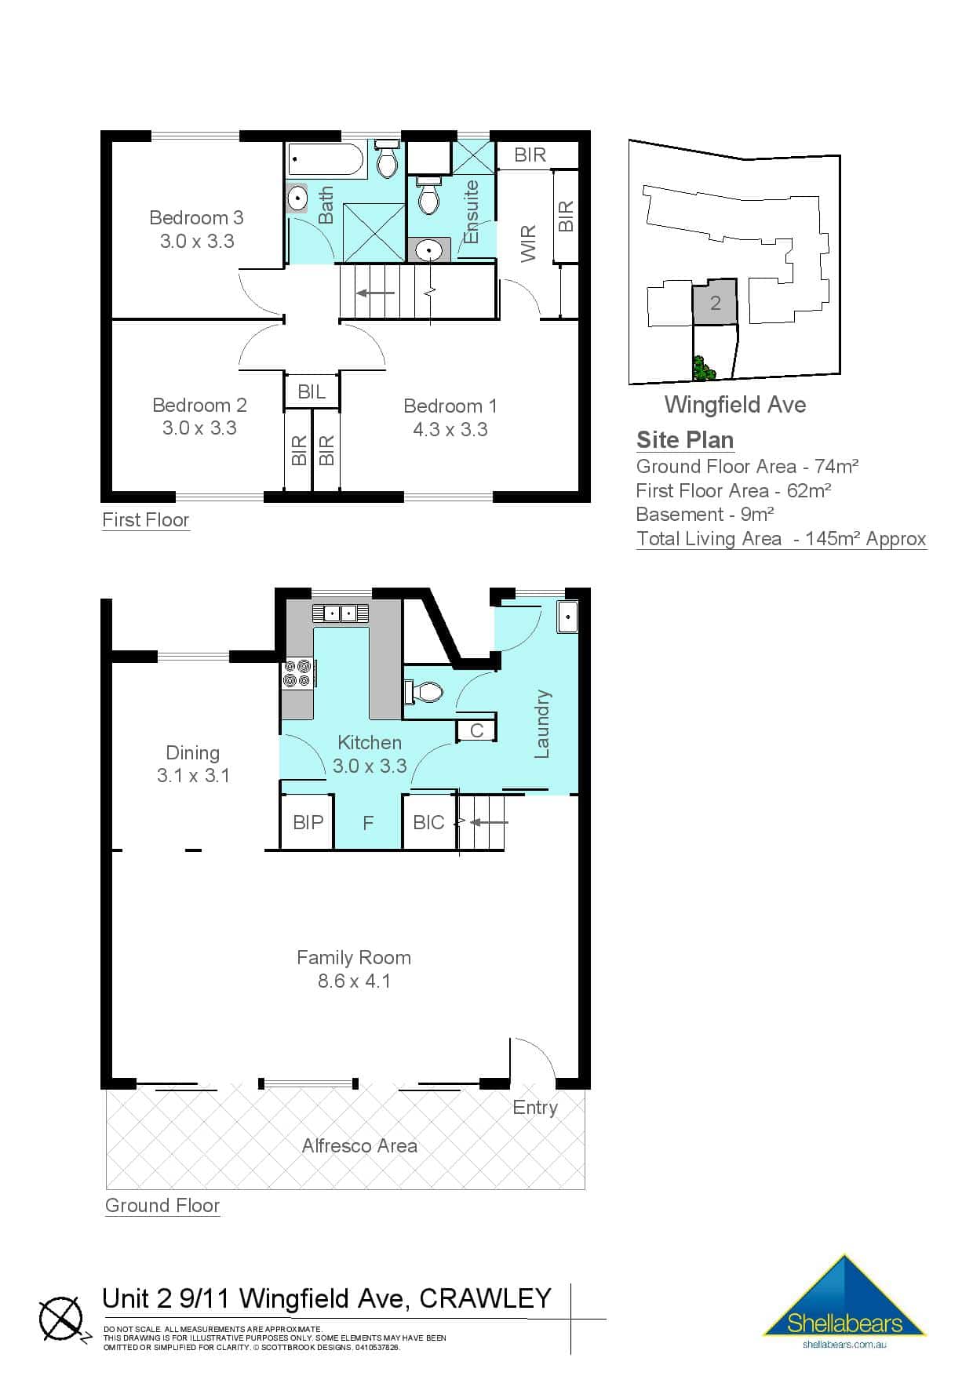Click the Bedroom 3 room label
tap(196, 217)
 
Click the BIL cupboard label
tap(312, 391)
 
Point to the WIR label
tap(529, 243)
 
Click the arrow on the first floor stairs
tap(376, 293)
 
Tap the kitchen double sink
tap(340, 613)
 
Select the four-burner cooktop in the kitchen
tap(299, 673)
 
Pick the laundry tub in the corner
tap(567, 617)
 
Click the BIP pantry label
tap(308, 822)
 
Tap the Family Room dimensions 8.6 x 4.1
tap(354, 981)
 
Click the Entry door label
tap(534, 1107)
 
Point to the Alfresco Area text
tap(359, 1145)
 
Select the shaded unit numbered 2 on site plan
tap(715, 303)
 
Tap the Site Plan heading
tap(685, 439)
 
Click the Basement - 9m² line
tap(705, 514)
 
